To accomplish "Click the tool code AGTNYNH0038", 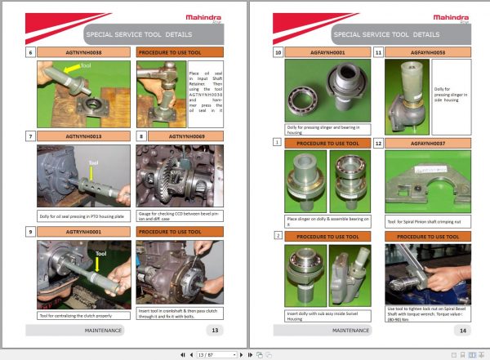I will (x=83, y=52).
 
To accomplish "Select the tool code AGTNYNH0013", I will (x=83, y=136).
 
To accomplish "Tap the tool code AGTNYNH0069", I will (x=186, y=136).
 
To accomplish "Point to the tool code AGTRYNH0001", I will (x=83, y=232).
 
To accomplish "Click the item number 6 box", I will (x=30, y=52).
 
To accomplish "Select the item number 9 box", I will (x=30, y=232).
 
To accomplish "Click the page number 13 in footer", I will (x=214, y=331).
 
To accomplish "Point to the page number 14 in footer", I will (x=462, y=331).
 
